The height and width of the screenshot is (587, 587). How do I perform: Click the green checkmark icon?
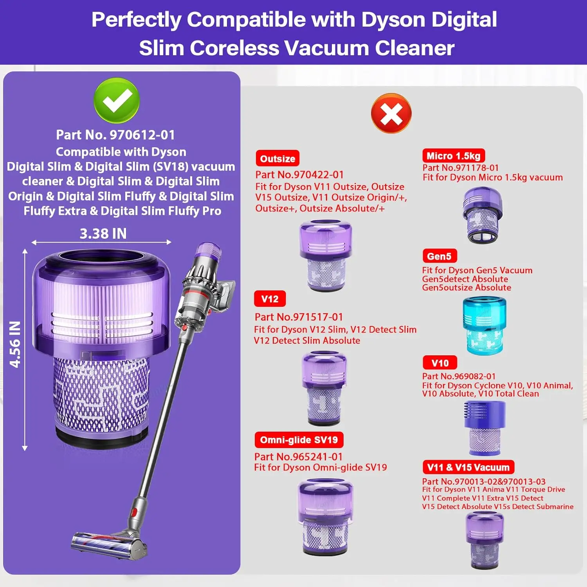(116, 101)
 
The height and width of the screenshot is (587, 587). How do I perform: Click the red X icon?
(391, 113)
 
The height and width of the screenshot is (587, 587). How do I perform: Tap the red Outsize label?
(277, 158)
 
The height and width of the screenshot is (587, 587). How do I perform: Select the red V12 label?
(270, 299)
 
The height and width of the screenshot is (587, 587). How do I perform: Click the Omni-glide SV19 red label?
(299, 440)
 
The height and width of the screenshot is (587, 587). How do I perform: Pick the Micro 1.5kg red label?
(453, 156)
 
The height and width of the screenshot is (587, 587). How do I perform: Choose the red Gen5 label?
(439, 256)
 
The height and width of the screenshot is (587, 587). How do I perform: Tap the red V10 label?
(440, 363)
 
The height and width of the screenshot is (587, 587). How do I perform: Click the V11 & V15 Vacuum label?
(468, 467)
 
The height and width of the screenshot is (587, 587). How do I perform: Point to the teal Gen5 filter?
(484, 325)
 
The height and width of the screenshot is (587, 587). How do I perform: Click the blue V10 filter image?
(484, 428)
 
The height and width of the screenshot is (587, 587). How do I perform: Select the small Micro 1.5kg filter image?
(483, 215)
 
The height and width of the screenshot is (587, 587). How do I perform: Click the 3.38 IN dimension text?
(103, 234)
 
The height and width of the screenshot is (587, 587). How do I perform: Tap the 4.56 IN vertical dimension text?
(15, 344)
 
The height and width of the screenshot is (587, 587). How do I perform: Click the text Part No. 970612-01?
(115, 135)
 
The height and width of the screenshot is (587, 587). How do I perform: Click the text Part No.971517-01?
(299, 317)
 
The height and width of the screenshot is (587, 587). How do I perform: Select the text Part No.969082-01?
(459, 376)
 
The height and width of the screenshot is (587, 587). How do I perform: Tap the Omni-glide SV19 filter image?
(326, 517)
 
